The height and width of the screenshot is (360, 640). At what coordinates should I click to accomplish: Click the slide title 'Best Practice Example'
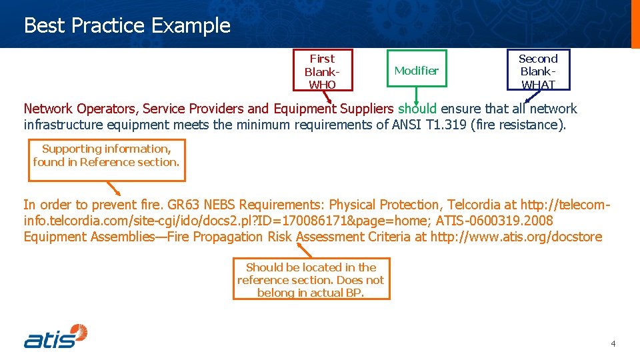pos(127,25)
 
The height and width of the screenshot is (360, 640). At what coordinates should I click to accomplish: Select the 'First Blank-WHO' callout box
pos(322,71)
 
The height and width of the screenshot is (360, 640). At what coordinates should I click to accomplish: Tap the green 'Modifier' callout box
pos(416,71)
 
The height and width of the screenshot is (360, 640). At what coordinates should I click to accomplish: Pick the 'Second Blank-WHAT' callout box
pos(537,71)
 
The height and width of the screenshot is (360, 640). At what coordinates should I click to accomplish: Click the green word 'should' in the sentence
pos(417,109)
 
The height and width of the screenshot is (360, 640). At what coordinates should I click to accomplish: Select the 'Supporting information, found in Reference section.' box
pos(107,159)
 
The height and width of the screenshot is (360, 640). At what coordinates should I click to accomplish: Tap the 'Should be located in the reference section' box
pos(311,279)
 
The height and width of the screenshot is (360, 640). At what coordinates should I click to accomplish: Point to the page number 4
pos(613,343)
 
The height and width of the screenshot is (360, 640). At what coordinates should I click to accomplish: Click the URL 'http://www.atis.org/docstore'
pos(516,237)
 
